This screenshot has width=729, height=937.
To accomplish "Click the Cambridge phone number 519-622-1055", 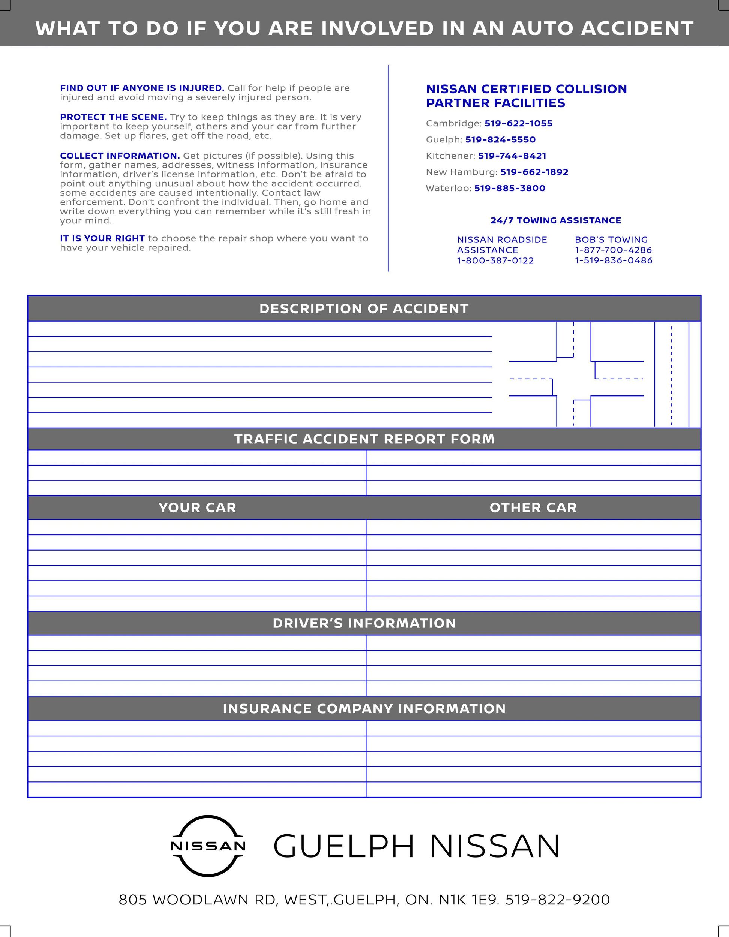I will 518,124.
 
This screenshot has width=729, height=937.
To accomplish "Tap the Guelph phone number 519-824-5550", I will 500,140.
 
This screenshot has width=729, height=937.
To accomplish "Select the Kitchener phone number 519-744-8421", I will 512,156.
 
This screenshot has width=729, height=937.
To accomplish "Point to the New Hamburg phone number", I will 534,172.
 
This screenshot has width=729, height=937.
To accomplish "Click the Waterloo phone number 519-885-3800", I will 510,189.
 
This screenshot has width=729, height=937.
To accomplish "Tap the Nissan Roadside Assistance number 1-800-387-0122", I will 495,261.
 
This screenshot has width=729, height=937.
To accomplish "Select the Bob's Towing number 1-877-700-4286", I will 613,250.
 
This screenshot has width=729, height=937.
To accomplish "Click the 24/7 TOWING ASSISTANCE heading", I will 555,220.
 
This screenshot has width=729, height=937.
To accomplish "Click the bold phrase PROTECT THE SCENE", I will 113,117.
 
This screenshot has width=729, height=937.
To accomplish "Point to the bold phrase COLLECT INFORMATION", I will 120,156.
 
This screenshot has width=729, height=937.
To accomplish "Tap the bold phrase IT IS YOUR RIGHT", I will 102,238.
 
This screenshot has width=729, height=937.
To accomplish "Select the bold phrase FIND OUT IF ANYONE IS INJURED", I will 142,88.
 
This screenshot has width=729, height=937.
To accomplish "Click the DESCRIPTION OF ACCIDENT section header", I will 364,309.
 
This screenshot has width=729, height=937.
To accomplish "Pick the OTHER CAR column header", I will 533,508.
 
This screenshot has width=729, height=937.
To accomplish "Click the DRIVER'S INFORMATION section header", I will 364,623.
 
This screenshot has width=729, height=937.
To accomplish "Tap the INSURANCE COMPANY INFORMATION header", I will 364,709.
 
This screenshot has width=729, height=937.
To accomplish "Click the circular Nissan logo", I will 208,846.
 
